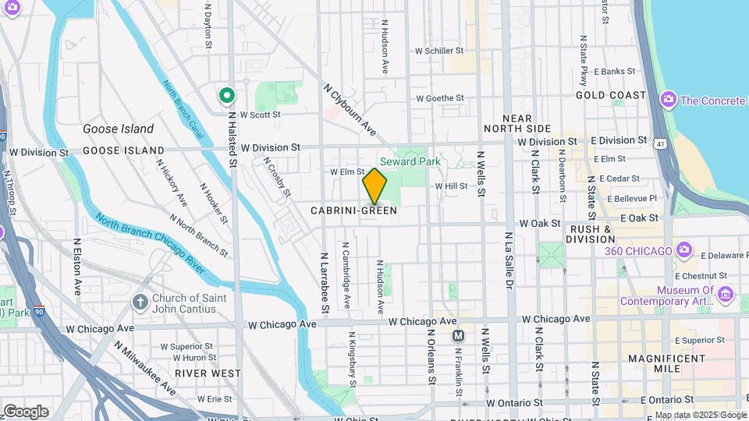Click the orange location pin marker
click(x=374, y=186)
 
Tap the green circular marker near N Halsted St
click(x=227, y=96)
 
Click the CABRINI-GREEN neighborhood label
click(x=353, y=210)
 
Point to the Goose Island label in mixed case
click(x=119, y=129)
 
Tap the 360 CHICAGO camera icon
click(x=685, y=250)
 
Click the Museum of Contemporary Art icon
click(x=726, y=294)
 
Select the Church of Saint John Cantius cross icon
click(x=140, y=302)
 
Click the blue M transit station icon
click(x=459, y=335)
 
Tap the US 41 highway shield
click(x=661, y=143)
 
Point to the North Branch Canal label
click(x=183, y=109)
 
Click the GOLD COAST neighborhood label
click(x=611, y=95)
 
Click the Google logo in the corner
click(x=25, y=411)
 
